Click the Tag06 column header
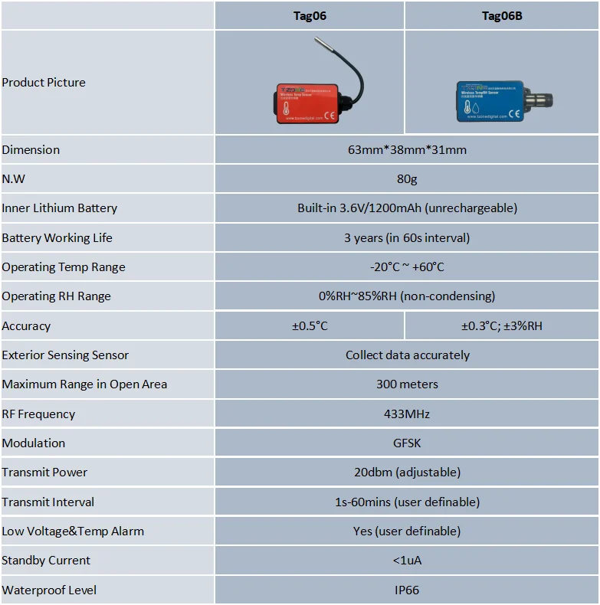tap(310, 15)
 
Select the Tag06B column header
tap(502, 15)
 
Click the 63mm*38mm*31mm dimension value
tap(407, 149)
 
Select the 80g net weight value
tap(407, 178)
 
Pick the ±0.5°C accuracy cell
tap(310, 325)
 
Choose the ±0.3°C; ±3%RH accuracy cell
tap(502, 325)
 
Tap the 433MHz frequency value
tap(407, 414)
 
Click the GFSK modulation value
tap(407, 443)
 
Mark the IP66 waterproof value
tap(407, 590)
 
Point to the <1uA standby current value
tap(407, 561)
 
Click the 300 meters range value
tap(407, 384)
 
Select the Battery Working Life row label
tap(57, 237)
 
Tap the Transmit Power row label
tap(44, 473)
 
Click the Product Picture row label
tap(44, 83)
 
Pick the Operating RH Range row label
tap(56, 296)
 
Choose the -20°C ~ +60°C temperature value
tap(407, 267)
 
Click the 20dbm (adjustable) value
tap(407, 473)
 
